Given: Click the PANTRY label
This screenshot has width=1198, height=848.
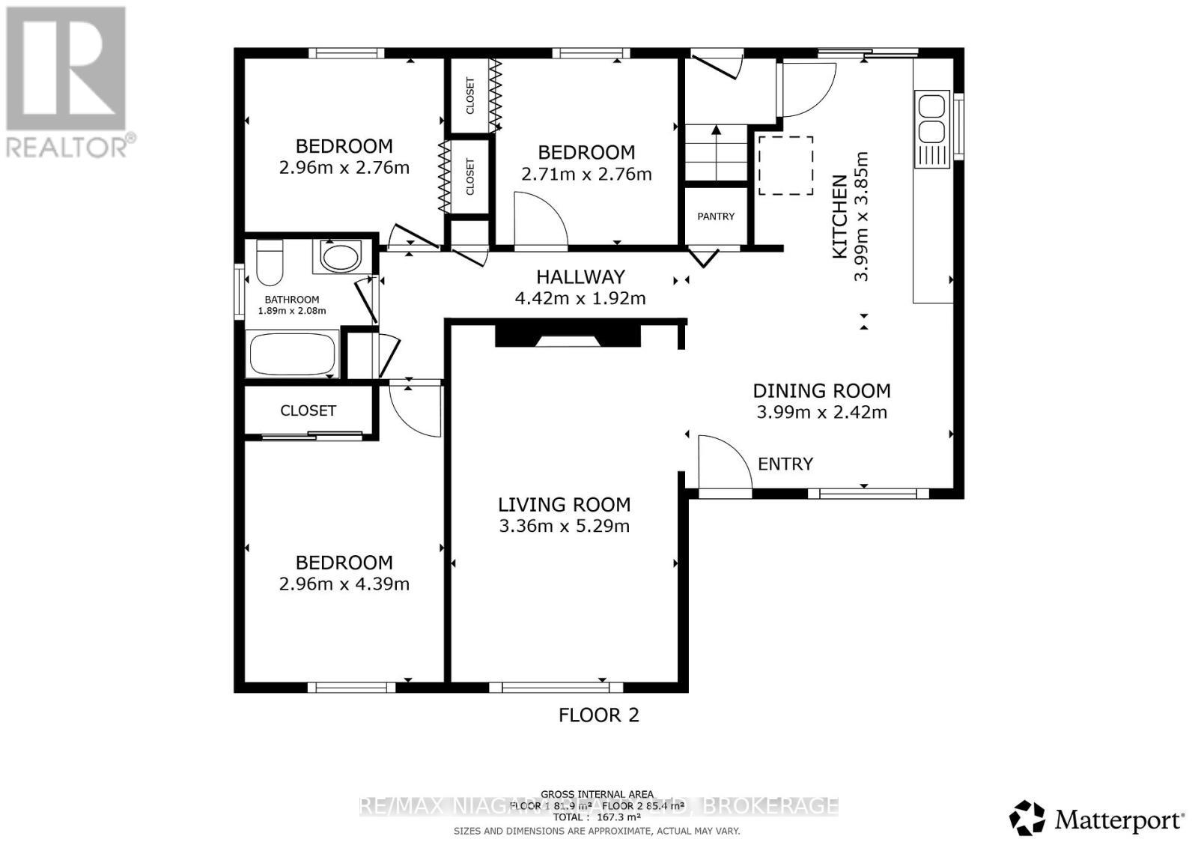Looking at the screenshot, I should (x=716, y=216).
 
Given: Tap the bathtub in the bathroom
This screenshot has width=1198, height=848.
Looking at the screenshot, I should (x=292, y=355).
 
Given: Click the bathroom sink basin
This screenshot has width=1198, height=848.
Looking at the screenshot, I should (x=341, y=256).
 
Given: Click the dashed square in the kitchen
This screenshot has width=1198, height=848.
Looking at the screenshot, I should (x=785, y=166).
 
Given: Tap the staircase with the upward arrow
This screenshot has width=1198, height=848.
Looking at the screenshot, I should (x=717, y=153).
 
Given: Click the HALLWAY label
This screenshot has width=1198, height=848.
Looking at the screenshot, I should (x=580, y=277).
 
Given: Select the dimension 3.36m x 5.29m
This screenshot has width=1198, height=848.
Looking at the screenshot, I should (x=564, y=526).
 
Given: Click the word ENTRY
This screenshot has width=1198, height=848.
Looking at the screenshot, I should (x=785, y=464).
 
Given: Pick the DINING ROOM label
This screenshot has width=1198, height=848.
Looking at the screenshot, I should (x=821, y=391).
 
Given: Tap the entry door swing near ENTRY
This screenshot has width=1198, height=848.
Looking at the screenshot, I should (x=720, y=463).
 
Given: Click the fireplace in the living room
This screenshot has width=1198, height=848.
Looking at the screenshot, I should (x=568, y=334).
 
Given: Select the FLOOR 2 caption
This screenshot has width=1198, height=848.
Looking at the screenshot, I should (x=598, y=715).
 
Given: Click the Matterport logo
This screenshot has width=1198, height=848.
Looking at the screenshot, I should (x=1097, y=819).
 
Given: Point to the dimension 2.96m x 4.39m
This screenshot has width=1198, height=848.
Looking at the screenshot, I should (x=344, y=584).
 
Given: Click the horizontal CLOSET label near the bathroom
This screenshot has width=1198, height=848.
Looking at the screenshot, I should (x=308, y=411).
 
